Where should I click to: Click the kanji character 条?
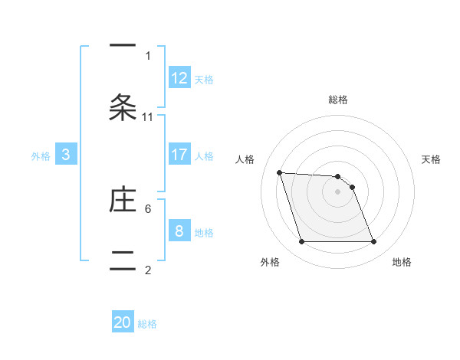coord(123,107)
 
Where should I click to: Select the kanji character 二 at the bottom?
coord(123,258)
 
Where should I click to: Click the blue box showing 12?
coord(179,78)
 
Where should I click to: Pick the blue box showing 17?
coord(179,155)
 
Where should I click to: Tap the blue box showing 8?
coord(179,231)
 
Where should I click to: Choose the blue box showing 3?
coord(66,155)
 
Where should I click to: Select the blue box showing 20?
coord(123,323)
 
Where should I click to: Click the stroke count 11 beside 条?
coord(148,116)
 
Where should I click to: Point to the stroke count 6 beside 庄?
coord(148,208)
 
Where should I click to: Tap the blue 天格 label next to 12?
coord(204,80)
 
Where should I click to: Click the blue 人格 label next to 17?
coord(204,156)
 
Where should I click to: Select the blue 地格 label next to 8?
coord(204,233)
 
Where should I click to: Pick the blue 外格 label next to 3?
coord(41,156)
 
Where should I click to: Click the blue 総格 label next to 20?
coord(147,325)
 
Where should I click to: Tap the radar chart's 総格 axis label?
coord(338,100)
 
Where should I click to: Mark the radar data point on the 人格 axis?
coord(279,172)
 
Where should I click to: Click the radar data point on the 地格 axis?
coord(373,242)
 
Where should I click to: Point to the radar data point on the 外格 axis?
coord(301,242)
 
